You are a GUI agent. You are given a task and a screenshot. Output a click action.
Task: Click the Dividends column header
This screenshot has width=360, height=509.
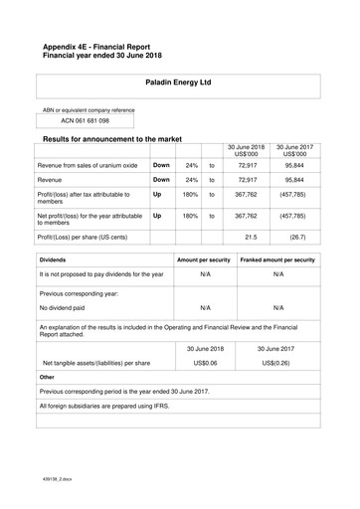coord(55,259)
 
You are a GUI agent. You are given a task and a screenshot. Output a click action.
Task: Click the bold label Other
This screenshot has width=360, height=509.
coord(47,379)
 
